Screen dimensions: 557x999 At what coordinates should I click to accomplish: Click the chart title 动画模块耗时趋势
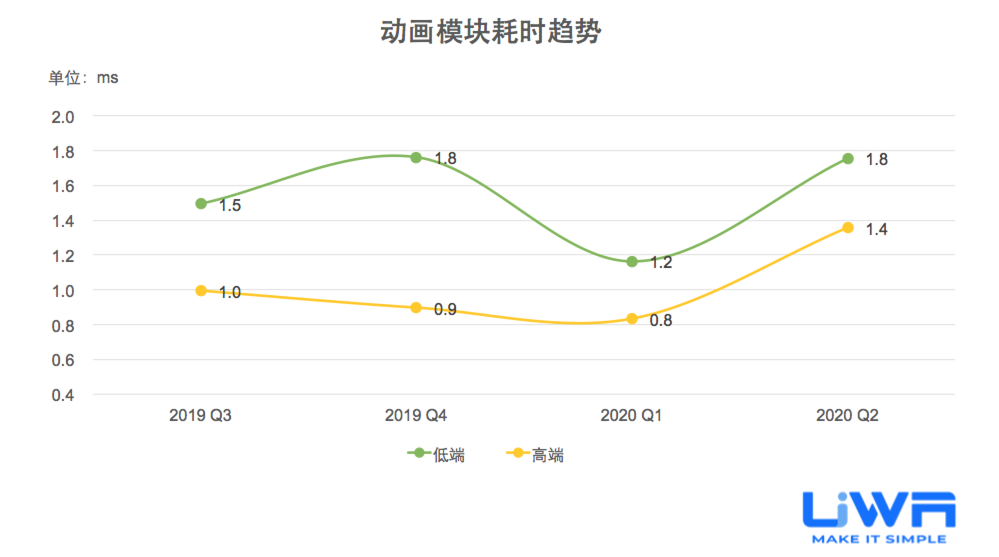click(x=490, y=32)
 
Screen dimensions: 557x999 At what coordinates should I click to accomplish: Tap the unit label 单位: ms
click(x=83, y=78)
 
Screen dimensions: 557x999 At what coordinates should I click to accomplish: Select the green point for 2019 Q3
click(x=201, y=203)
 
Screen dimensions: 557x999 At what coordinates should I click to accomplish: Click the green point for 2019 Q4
click(x=416, y=157)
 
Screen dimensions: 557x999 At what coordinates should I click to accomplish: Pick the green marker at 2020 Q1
click(x=632, y=261)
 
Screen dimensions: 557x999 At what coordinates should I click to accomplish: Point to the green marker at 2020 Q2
click(x=848, y=159)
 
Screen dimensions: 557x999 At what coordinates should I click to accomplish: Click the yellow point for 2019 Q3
click(x=201, y=290)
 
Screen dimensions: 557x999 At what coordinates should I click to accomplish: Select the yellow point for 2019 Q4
click(x=416, y=307)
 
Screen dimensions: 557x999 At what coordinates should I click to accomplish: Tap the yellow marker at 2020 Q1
click(x=632, y=318)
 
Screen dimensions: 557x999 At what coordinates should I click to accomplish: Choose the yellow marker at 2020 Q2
click(x=848, y=228)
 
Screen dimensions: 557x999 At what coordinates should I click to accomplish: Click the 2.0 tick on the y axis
click(x=63, y=117)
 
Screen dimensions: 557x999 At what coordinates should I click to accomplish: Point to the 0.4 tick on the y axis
click(x=63, y=395)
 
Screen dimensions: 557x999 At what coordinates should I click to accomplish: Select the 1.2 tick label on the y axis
click(x=63, y=256)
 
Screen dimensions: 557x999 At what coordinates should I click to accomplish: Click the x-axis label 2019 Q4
click(x=415, y=415)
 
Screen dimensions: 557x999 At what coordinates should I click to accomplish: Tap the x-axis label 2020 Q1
click(x=631, y=415)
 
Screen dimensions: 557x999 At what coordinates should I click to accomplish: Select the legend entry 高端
click(x=535, y=454)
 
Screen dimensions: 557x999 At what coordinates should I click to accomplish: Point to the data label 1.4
click(x=876, y=229)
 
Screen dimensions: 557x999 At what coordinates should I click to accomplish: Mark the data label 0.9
click(x=445, y=309)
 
